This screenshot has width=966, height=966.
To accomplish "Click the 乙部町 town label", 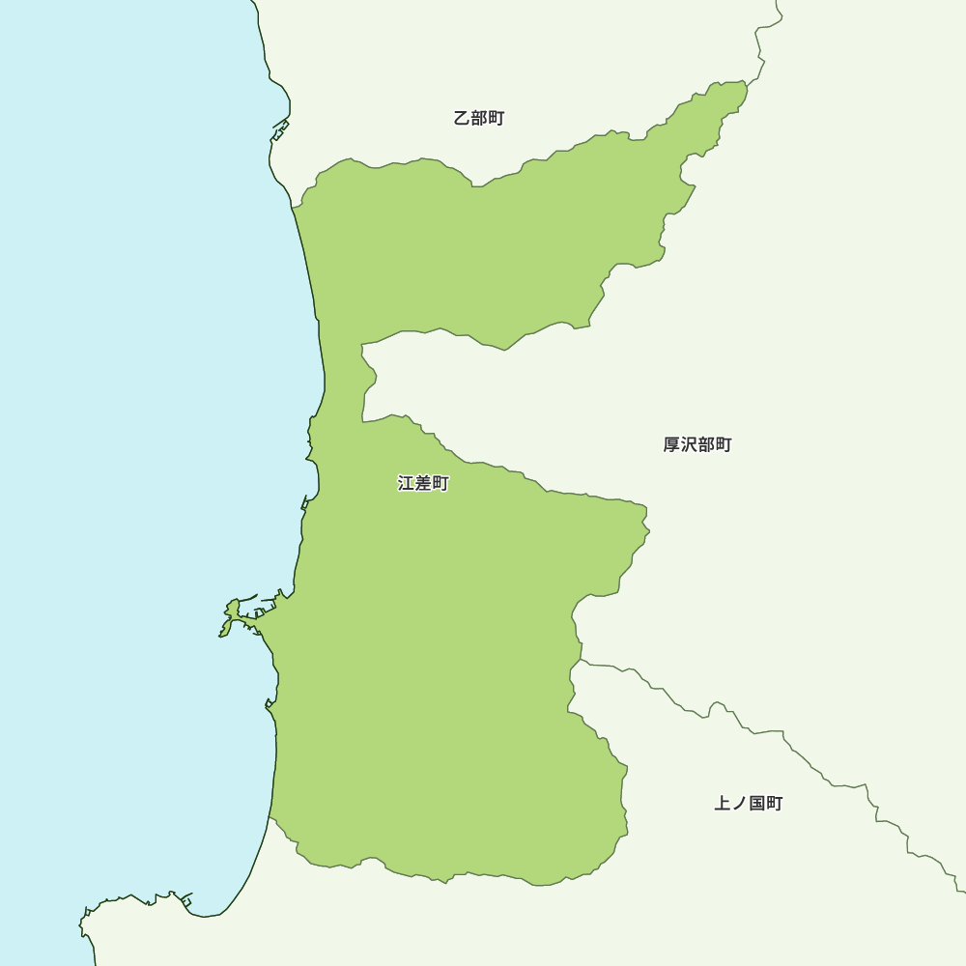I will tap(479, 119).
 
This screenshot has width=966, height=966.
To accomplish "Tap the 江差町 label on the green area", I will tap(423, 483).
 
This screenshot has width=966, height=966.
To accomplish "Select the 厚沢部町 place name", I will tap(697, 445).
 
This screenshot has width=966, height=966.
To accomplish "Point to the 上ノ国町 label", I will tap(749, 804).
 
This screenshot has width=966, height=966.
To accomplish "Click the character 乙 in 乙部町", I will tap(462, 119).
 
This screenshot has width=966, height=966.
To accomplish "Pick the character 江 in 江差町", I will tap(407, 483).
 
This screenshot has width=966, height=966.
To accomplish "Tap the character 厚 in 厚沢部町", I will tap(671, 445).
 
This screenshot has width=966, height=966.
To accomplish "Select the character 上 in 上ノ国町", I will tap(723, 804).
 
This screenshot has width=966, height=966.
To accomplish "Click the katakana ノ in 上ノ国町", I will tap(740, 804).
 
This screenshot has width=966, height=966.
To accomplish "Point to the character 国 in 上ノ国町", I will tap(757, 804).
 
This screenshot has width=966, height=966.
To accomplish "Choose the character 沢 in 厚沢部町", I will tap(689, 445).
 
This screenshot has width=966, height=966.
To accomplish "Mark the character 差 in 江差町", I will tap(423, 483).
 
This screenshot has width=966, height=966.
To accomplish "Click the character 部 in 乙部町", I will tap(479, 119).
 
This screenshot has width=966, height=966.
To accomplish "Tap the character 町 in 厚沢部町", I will tap(724, 445).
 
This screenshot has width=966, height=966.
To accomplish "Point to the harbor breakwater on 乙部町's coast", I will tap(280, 129).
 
